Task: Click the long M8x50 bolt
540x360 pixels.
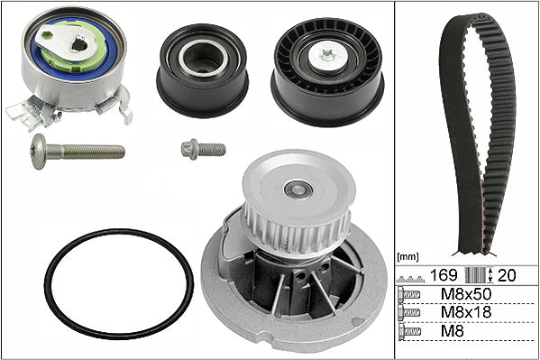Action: point(78,152)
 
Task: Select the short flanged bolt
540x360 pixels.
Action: point(203,150)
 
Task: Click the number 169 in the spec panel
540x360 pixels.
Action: point(444,275)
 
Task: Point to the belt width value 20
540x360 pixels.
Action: point(508,275)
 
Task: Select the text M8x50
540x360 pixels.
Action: point(466,294)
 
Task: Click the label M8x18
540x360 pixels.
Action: point(466,312)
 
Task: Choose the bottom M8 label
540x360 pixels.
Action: point(453,331)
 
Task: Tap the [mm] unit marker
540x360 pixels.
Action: point(407,257)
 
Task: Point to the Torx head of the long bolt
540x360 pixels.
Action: point(38,152)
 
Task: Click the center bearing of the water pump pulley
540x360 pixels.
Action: point(298,189)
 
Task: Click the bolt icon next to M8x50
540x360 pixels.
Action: point(408,294)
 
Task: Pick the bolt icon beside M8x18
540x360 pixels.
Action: point(408,312)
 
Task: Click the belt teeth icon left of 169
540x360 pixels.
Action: point(410,279)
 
